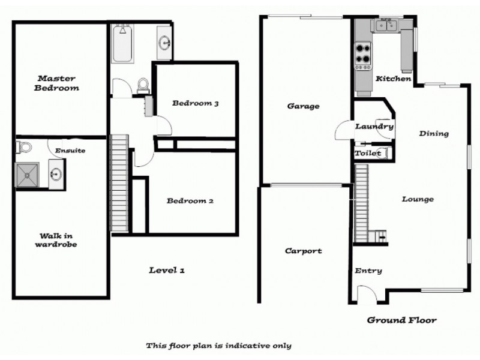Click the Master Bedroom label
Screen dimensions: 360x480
pos(58,83)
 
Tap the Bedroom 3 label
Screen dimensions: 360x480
pos(195,103)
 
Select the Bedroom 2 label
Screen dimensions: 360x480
pos(190,201)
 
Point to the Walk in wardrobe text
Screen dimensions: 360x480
pos(55,240)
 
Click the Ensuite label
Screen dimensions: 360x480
pos(70,151)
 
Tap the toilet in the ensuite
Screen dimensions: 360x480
pos(24,146)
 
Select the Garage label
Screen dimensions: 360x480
pos(303,106)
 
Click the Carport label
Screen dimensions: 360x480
pos(303,251)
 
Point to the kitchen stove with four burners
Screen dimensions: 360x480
pos(363,53)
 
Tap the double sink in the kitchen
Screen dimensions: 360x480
pos(385,25)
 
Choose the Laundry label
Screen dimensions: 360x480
pos(374,127)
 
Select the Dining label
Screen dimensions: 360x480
pos(434,133)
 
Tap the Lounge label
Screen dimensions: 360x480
pos(418,199)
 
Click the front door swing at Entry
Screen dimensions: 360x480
pos(365,293)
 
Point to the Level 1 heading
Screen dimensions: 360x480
pos(166,271)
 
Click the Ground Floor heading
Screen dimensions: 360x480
pos(401,320)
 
